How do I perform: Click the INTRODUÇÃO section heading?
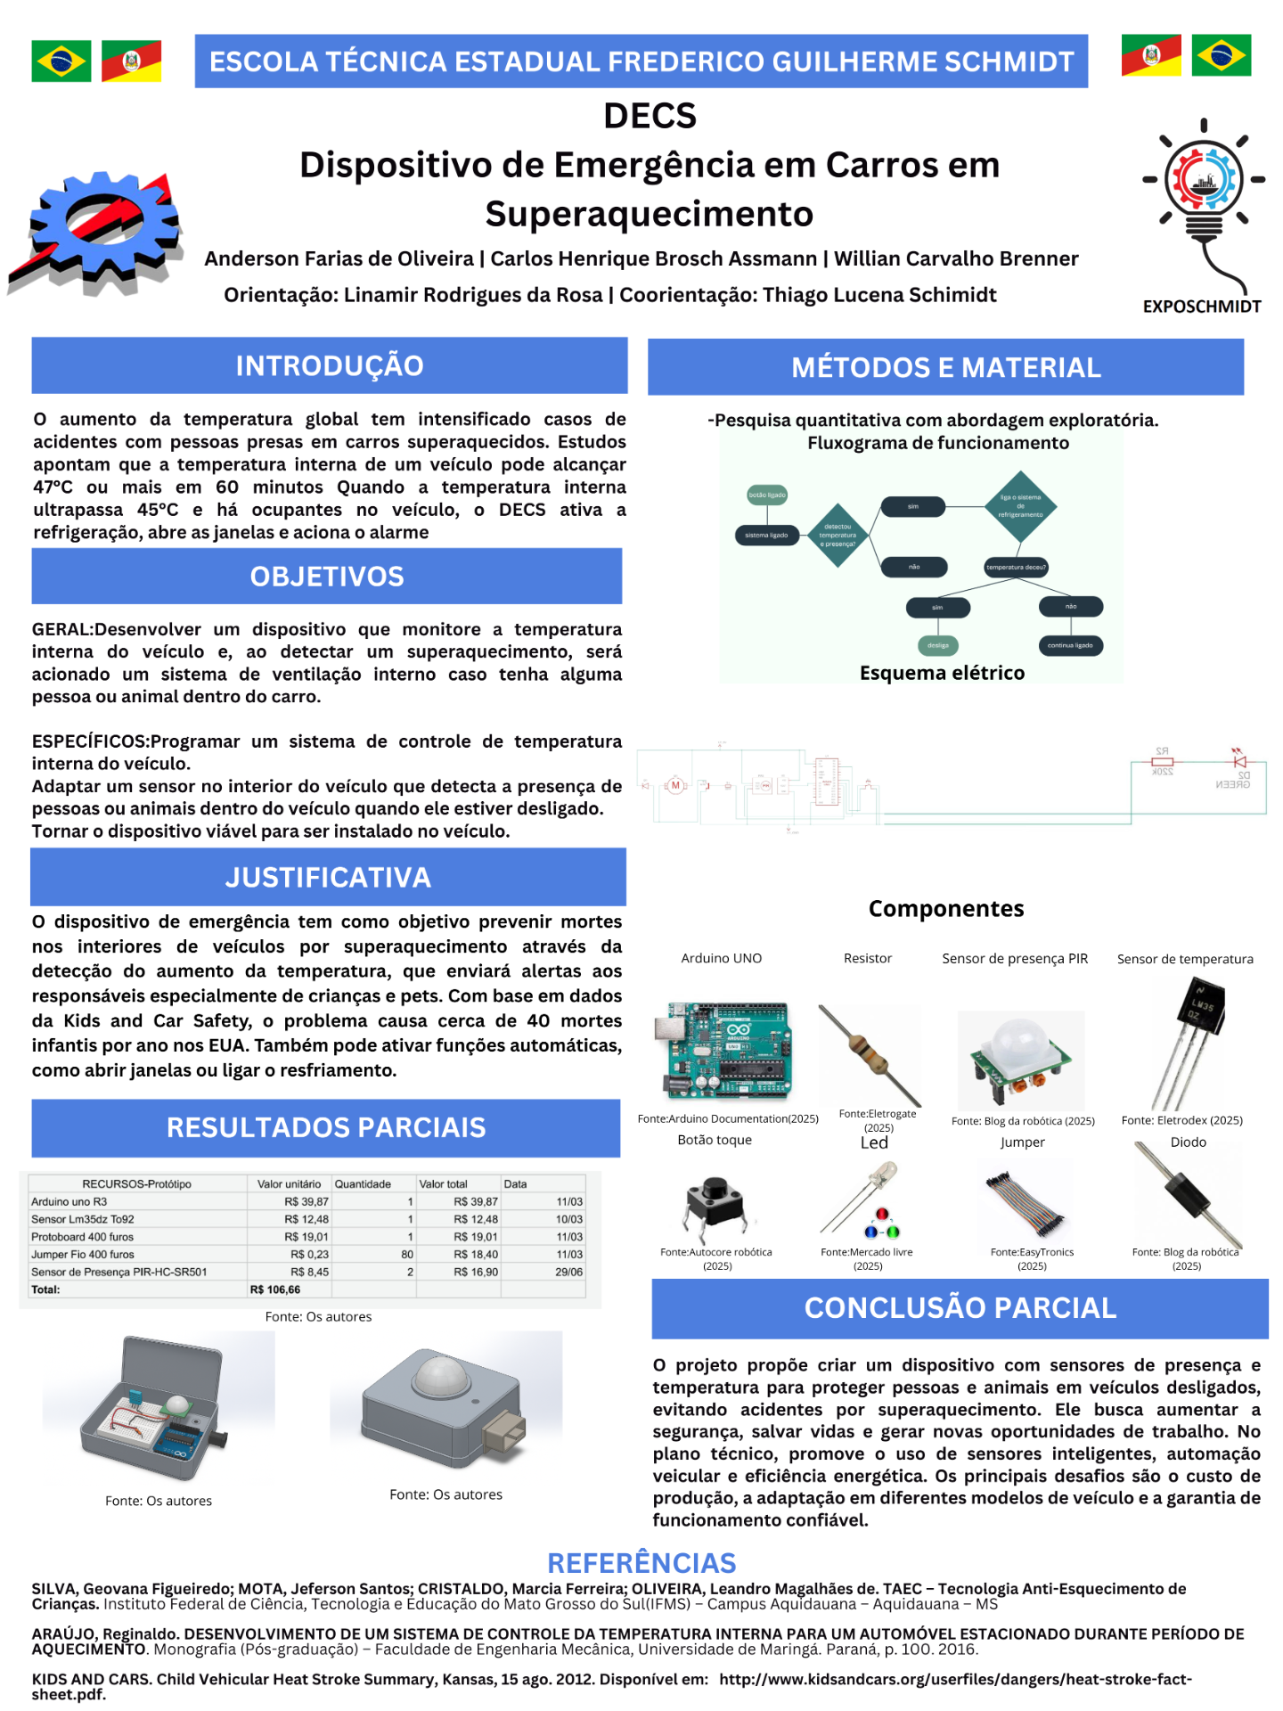pos(329,365)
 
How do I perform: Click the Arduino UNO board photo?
pos(723,1050)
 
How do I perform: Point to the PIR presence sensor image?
pos(1021,1058)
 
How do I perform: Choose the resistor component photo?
pos(869,1053)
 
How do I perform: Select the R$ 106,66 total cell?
pos(275,1289)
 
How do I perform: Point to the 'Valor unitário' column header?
pos(289,1183)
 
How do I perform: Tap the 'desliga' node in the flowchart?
pos(937,645)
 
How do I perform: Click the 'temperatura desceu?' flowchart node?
pos(1016,567)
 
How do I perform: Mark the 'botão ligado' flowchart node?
pos(766,495)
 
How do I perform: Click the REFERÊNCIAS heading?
pos(641,1563)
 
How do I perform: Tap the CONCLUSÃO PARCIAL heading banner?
pos(960,1307)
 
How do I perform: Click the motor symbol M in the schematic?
pos(675,785)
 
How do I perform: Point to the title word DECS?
pos(650,116)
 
